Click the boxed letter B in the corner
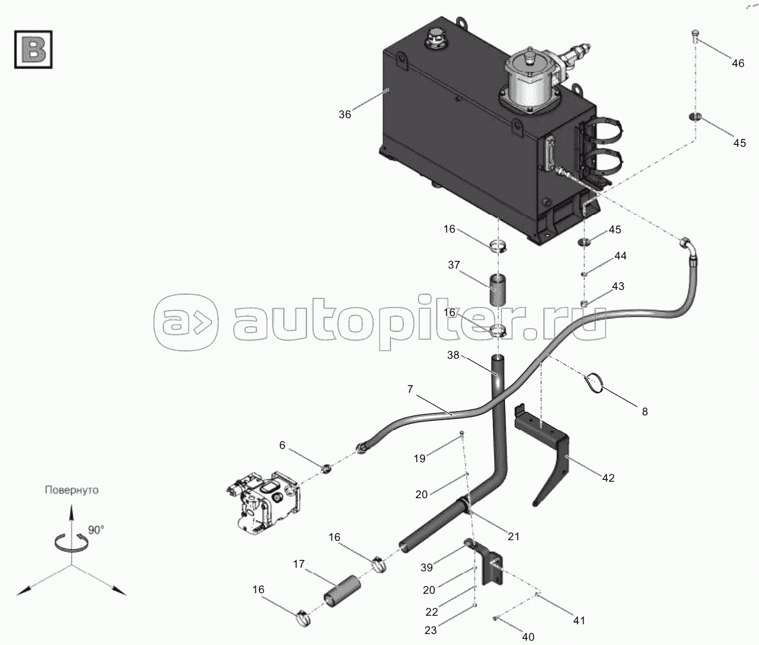point(34,49)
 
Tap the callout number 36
point(345,115)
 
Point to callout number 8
point(645,412)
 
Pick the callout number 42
point(609,478)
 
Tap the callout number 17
point(299,564)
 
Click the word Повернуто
point(72,490)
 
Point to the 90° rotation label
point(96,530)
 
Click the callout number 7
point(410,389)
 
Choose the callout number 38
point(453,355)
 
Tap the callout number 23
point(430,630)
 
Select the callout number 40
point(528,636)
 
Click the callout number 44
point(620,256)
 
